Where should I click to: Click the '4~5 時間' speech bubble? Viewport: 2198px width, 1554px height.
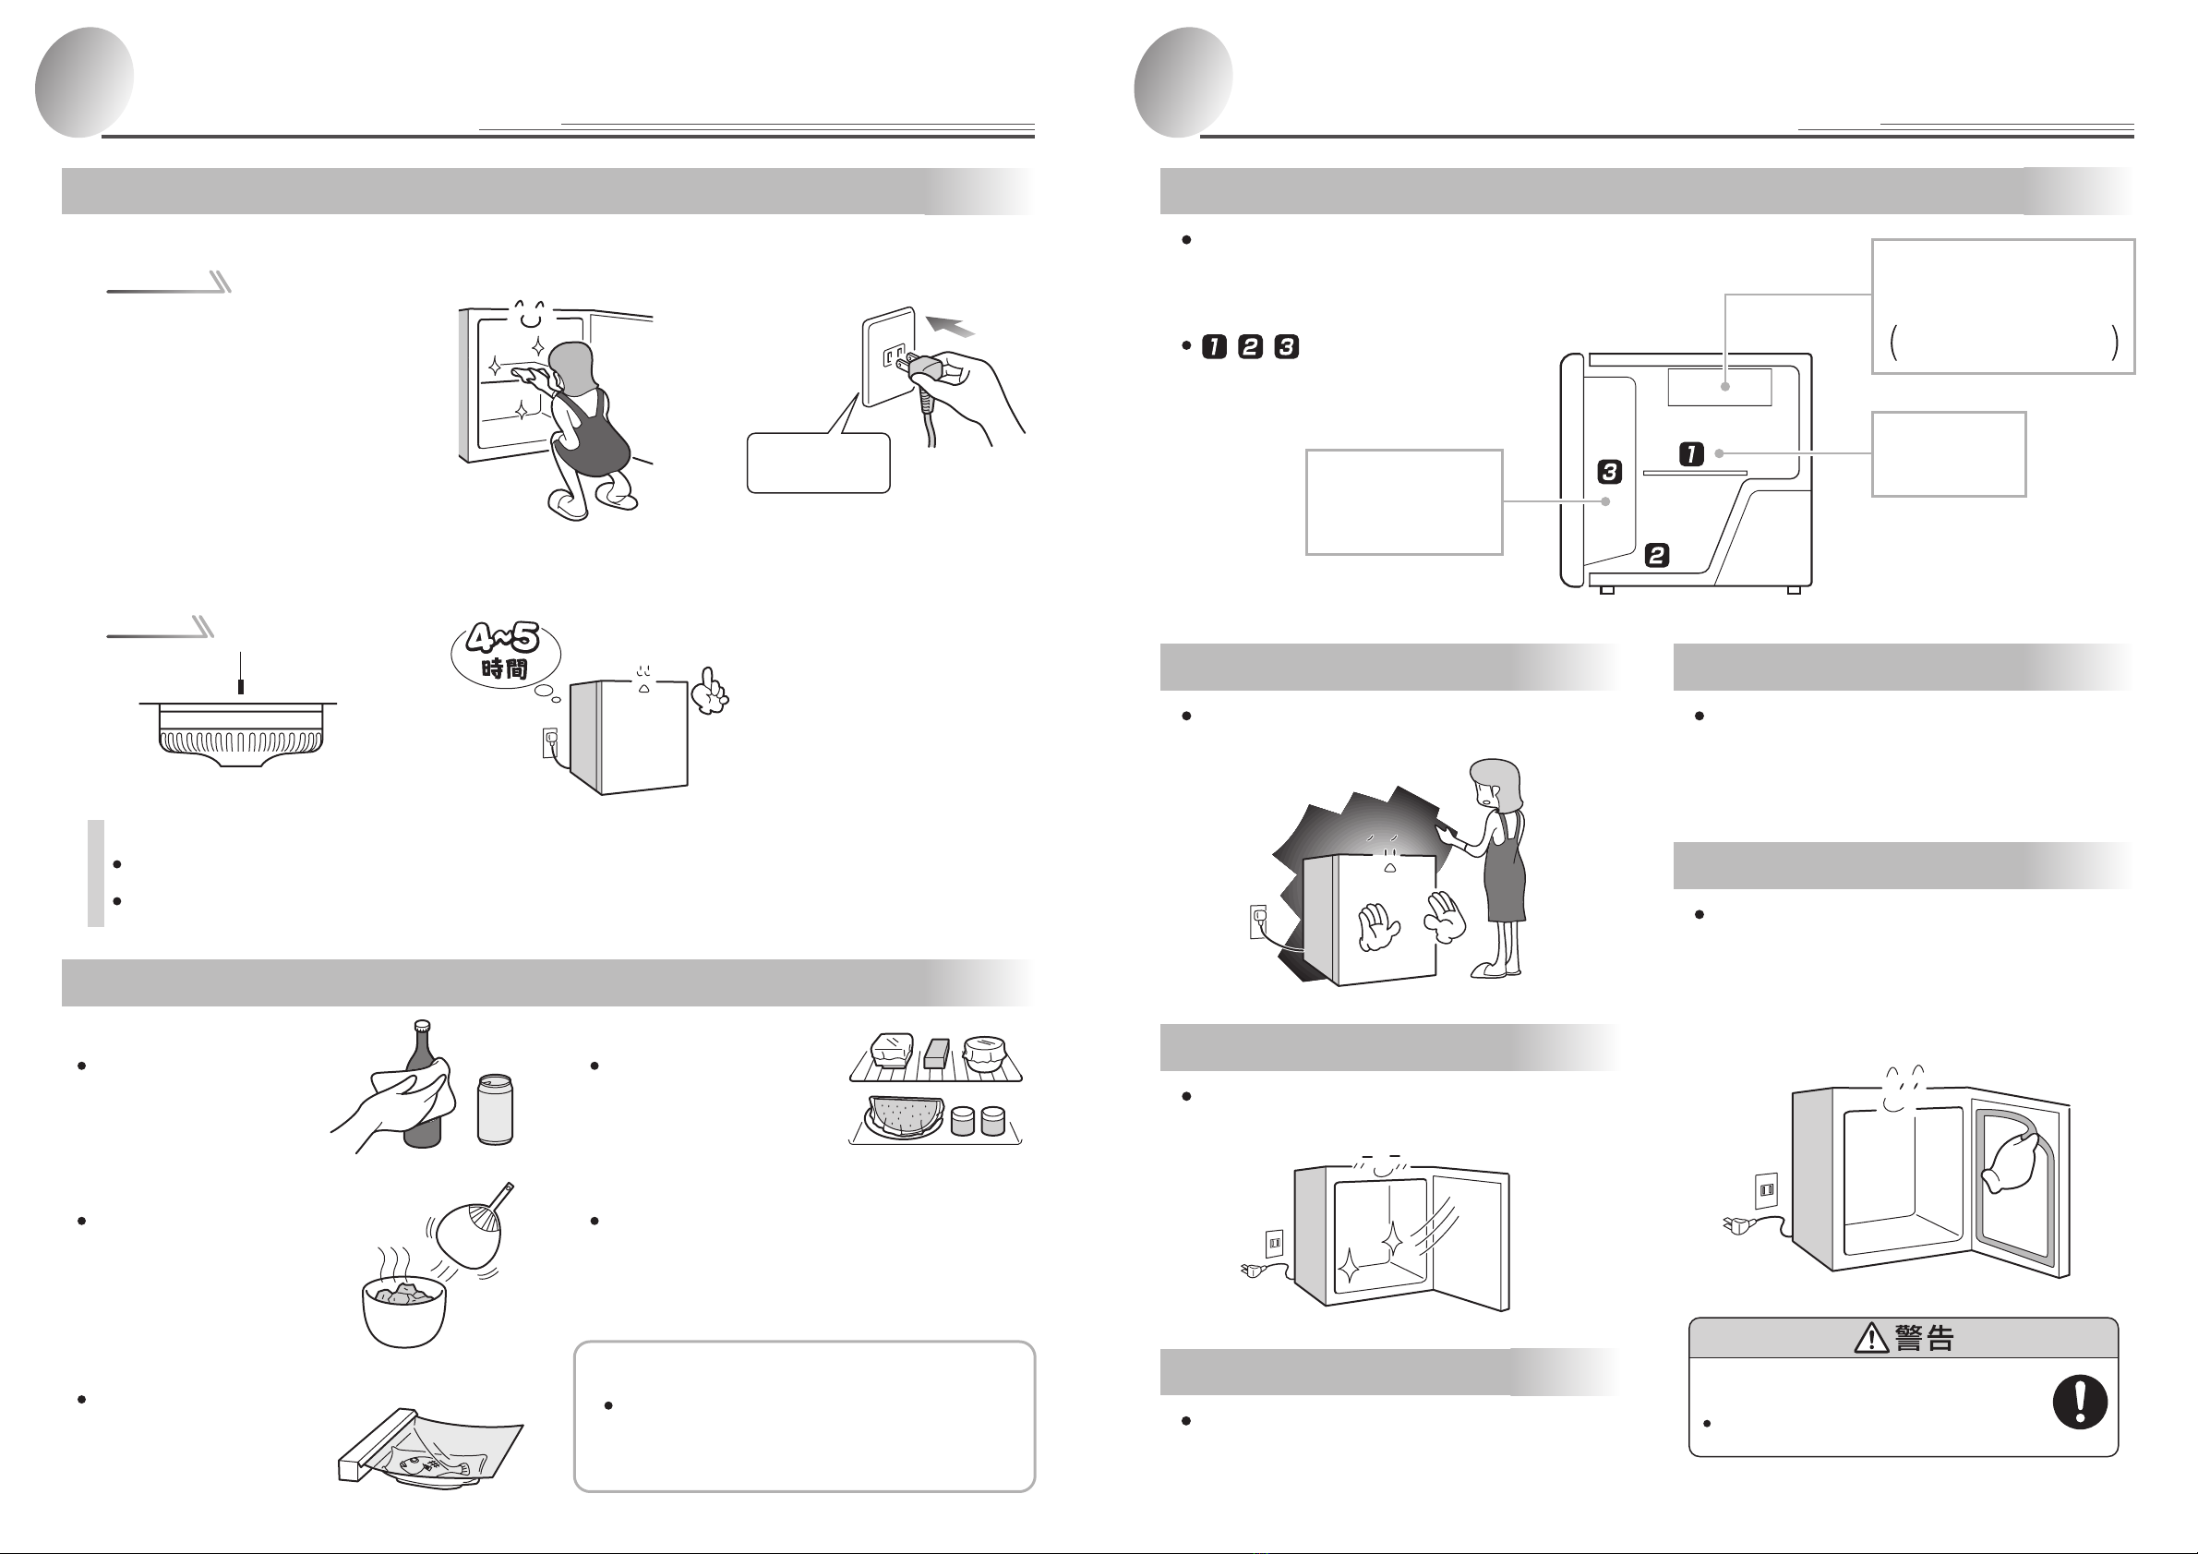pos(506,654)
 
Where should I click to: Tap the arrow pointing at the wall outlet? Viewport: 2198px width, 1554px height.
pos(951,323)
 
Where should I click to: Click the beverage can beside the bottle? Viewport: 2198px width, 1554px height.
pos(495,1109)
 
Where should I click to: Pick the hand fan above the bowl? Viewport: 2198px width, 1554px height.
pos(473,1227)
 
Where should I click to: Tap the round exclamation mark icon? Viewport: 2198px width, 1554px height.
pos(2079,1402)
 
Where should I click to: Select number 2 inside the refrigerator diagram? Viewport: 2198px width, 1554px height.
pos(1657,554)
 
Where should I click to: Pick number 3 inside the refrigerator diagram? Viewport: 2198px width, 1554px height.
pos(1609,471)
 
